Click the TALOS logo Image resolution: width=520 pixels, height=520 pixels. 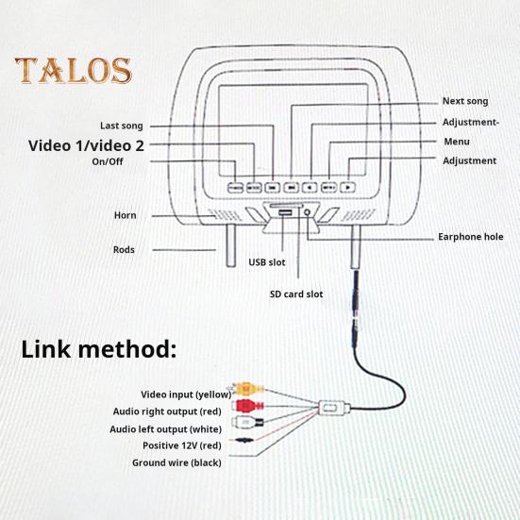(74, 70)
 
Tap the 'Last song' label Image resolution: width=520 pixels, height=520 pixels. (122, 126)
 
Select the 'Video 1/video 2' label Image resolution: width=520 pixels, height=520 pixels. (86, 145)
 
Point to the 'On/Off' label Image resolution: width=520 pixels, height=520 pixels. (108, 161)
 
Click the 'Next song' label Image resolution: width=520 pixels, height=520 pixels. (465, 101)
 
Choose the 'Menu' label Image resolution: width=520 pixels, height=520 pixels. (457, 142)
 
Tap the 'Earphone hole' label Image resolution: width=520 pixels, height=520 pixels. (471, 237)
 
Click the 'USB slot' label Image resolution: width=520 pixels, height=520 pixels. (267, 262)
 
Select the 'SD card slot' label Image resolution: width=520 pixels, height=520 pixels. (296, 294)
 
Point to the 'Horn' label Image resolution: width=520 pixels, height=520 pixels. (125, 215)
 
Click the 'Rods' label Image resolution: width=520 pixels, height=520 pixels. (124, 250)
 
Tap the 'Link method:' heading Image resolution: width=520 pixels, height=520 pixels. (99, 349)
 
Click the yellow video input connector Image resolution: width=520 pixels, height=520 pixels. (246, 388)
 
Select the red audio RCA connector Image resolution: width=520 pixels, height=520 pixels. (249, 405)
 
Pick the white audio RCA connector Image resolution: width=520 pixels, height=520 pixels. (248, 422)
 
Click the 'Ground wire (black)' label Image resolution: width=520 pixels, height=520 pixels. (176, 462)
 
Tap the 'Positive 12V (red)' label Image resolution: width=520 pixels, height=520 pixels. (182, 445)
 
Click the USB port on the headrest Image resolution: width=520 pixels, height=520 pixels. (285, 212)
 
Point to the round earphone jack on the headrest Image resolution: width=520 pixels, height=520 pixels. (308, 212)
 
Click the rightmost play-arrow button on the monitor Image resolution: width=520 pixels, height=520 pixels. (348, 188)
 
